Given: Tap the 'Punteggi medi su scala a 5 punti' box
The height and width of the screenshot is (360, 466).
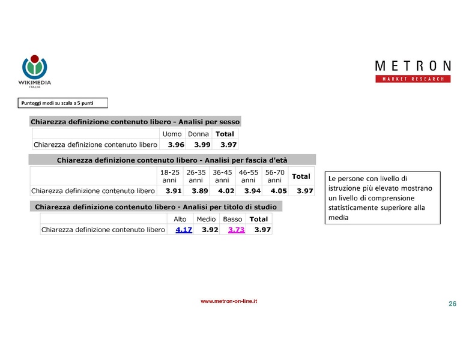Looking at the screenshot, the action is point(64,103).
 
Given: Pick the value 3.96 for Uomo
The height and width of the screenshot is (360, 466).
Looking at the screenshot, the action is point(176,145).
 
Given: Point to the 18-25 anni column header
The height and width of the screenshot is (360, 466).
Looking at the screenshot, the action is point(169,176).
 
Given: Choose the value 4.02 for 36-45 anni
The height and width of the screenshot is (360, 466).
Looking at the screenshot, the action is point(222,191).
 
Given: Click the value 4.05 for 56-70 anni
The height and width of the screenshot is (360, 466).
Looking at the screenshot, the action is point(275,191).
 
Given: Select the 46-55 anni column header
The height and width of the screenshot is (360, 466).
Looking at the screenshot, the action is point(248,176).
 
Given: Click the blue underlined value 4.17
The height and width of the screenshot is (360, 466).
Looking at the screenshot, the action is point(183,230).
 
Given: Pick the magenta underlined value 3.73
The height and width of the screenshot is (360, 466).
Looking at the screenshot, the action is point(236,230).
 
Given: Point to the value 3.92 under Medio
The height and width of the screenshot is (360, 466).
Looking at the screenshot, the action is point(210,230).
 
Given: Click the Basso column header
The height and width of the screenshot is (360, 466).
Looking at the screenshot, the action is point(232,219).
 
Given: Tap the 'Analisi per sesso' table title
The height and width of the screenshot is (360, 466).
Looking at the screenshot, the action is point(135,121).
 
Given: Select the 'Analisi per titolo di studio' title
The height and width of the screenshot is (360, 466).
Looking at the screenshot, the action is point(156,207).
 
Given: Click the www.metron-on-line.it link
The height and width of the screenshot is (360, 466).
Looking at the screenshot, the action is point(229,302).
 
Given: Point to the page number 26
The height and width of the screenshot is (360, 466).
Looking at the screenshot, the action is point(452,304).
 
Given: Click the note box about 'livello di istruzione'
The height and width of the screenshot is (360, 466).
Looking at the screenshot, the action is point(383,197).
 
